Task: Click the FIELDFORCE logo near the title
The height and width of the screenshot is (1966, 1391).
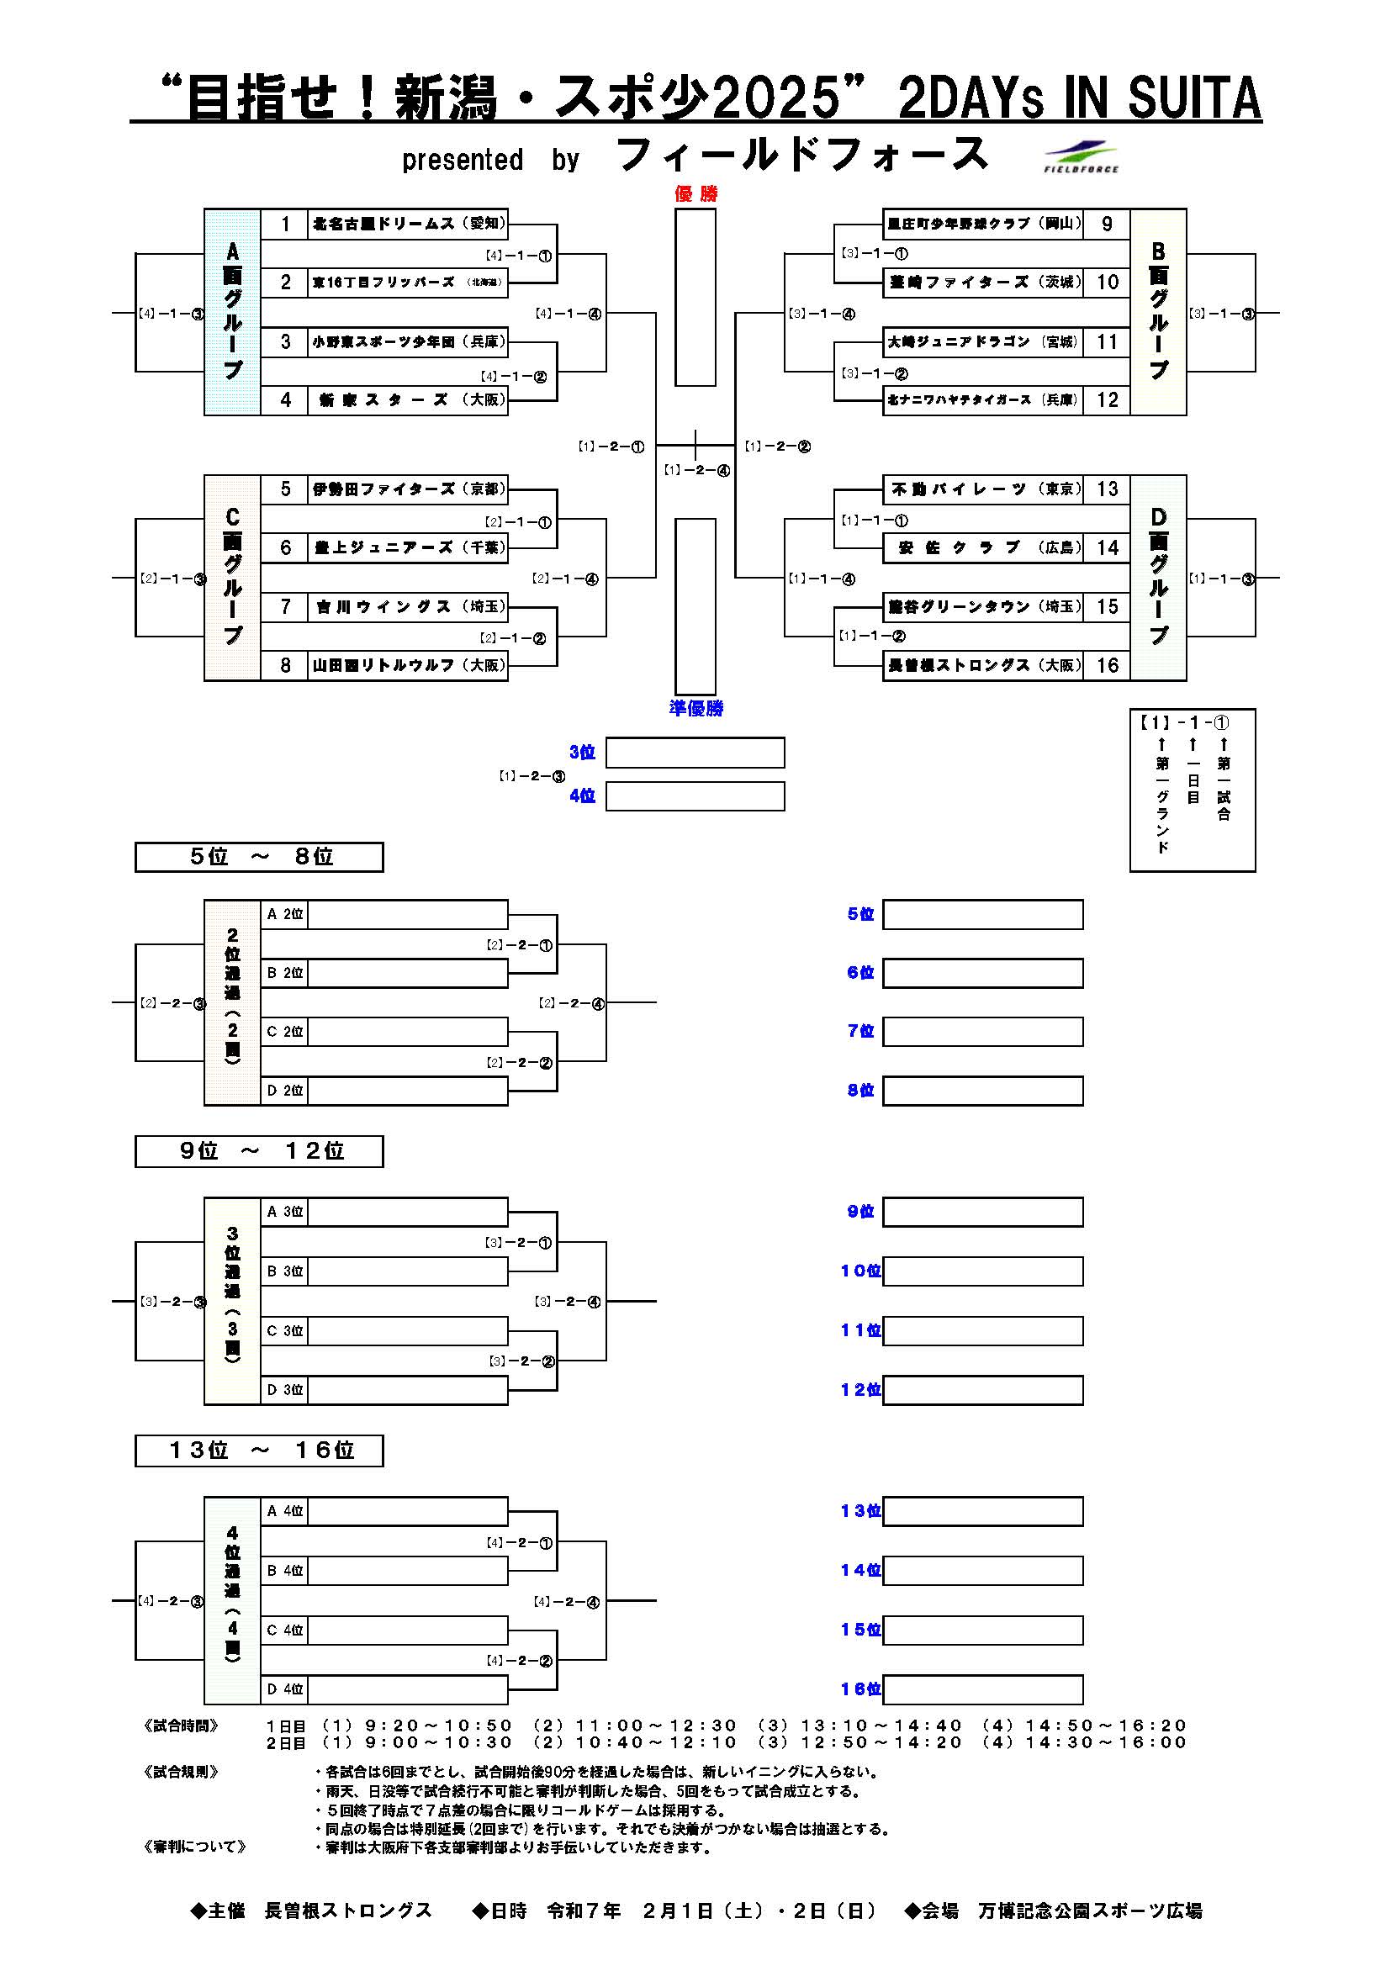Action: (x=1081, y=156)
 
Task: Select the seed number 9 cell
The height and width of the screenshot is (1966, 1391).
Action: (x=1107, y=225)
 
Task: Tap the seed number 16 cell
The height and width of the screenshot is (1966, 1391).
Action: (x=1107, y=665)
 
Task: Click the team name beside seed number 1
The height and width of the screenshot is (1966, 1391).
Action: (x=407, y=225)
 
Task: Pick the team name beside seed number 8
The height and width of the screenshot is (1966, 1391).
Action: (x=407, y=665)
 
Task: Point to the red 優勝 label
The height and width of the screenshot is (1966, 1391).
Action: (x=695, y=193)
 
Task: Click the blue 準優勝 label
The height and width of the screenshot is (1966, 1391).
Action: (x=695, y=708)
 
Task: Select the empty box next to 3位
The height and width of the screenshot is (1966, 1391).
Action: (x=695, y=753)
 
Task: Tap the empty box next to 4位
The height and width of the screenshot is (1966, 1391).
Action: (x=695, y=796)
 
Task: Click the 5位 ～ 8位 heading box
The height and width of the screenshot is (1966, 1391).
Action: (x=259, y=857)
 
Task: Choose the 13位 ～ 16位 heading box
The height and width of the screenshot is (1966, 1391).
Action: (x=259, y=1451)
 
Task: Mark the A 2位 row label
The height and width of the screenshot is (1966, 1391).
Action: (x=284, y=915)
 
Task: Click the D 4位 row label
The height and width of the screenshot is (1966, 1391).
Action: (x=284, y=1689)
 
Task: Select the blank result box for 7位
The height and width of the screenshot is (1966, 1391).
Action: (x=982, y=1032)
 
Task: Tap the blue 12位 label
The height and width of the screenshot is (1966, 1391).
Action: (x=860, y=1390)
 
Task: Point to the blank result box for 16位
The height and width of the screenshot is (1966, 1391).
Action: (x=982, y=1689)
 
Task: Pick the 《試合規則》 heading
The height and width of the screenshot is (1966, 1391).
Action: (x=182, y=1772)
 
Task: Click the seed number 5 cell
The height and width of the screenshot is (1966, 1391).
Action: (x=285, y=489)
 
